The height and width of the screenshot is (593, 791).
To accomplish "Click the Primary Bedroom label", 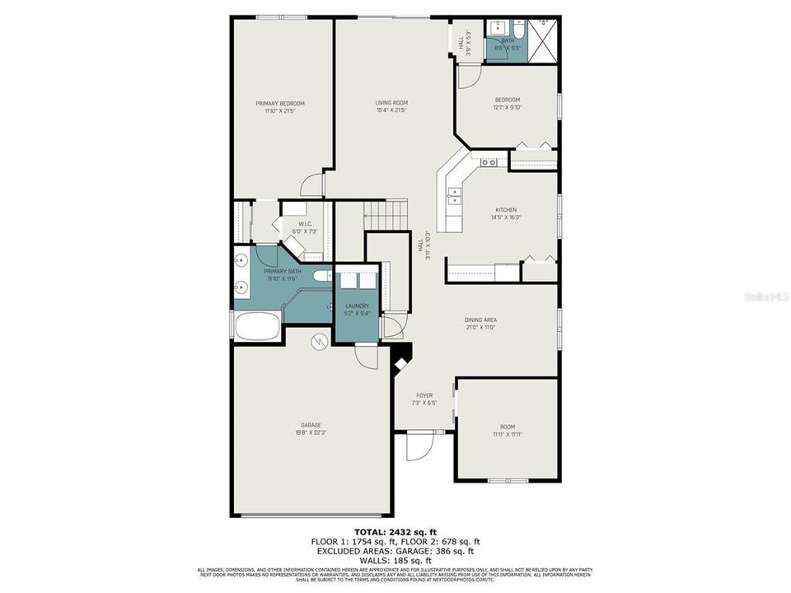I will click(280, 104).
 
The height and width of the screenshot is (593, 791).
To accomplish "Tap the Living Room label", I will click(391, 104).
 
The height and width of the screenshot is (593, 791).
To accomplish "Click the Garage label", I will click(311, 426).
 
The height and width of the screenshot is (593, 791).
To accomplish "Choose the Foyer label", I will click(423, 396).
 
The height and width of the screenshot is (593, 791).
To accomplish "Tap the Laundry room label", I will click(357, 306).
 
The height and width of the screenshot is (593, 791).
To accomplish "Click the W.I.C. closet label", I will click(304, 224).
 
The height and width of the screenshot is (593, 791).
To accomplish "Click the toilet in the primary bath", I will click(322, 277).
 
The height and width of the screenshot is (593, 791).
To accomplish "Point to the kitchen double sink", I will click(454, 195).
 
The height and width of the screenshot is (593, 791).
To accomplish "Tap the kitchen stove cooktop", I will click(489, 162).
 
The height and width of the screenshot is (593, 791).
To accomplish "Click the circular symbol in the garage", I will click(318, 341).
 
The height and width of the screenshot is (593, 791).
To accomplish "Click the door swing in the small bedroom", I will click(467, 76).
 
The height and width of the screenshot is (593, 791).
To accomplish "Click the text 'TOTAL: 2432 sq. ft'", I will click(395, 532).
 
